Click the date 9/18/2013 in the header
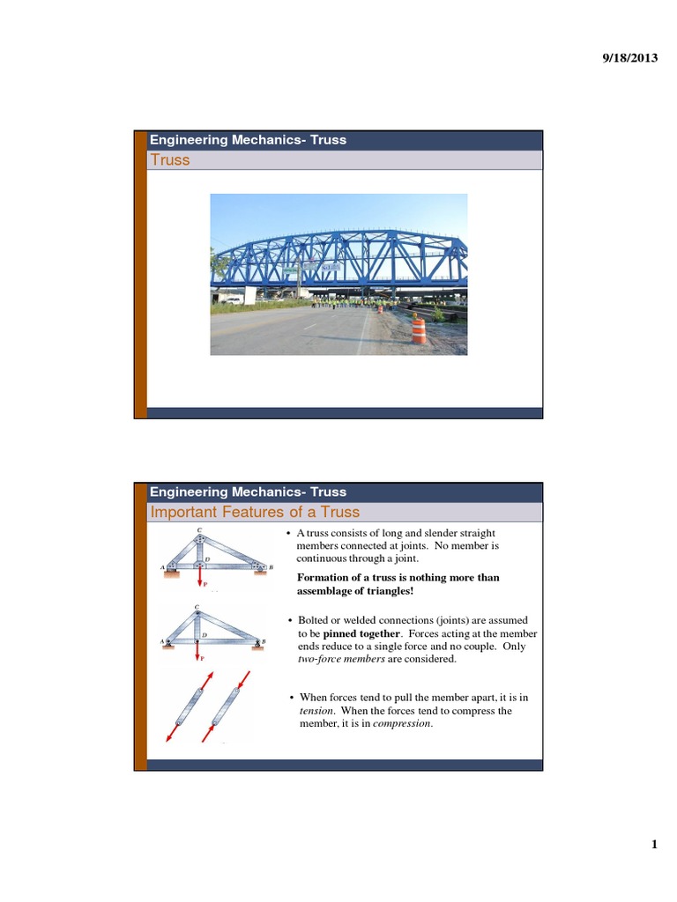[x=629, y=58]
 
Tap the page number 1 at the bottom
[x=654, y=846]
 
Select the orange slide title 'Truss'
[x=170, y=160]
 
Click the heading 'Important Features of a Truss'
[x=255, y=513]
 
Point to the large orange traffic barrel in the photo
[x=418, y=330]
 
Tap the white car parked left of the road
[x=232, y=299]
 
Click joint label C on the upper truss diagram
[x=198, y=529]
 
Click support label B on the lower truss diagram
[x=264, y=642]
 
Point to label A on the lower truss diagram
[x=161, y=642]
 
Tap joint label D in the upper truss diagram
[x=207, y=558]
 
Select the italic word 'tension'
[x=309, y=710]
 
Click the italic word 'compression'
[x=402, y=723]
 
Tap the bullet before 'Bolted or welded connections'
[x=290, y=621]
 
